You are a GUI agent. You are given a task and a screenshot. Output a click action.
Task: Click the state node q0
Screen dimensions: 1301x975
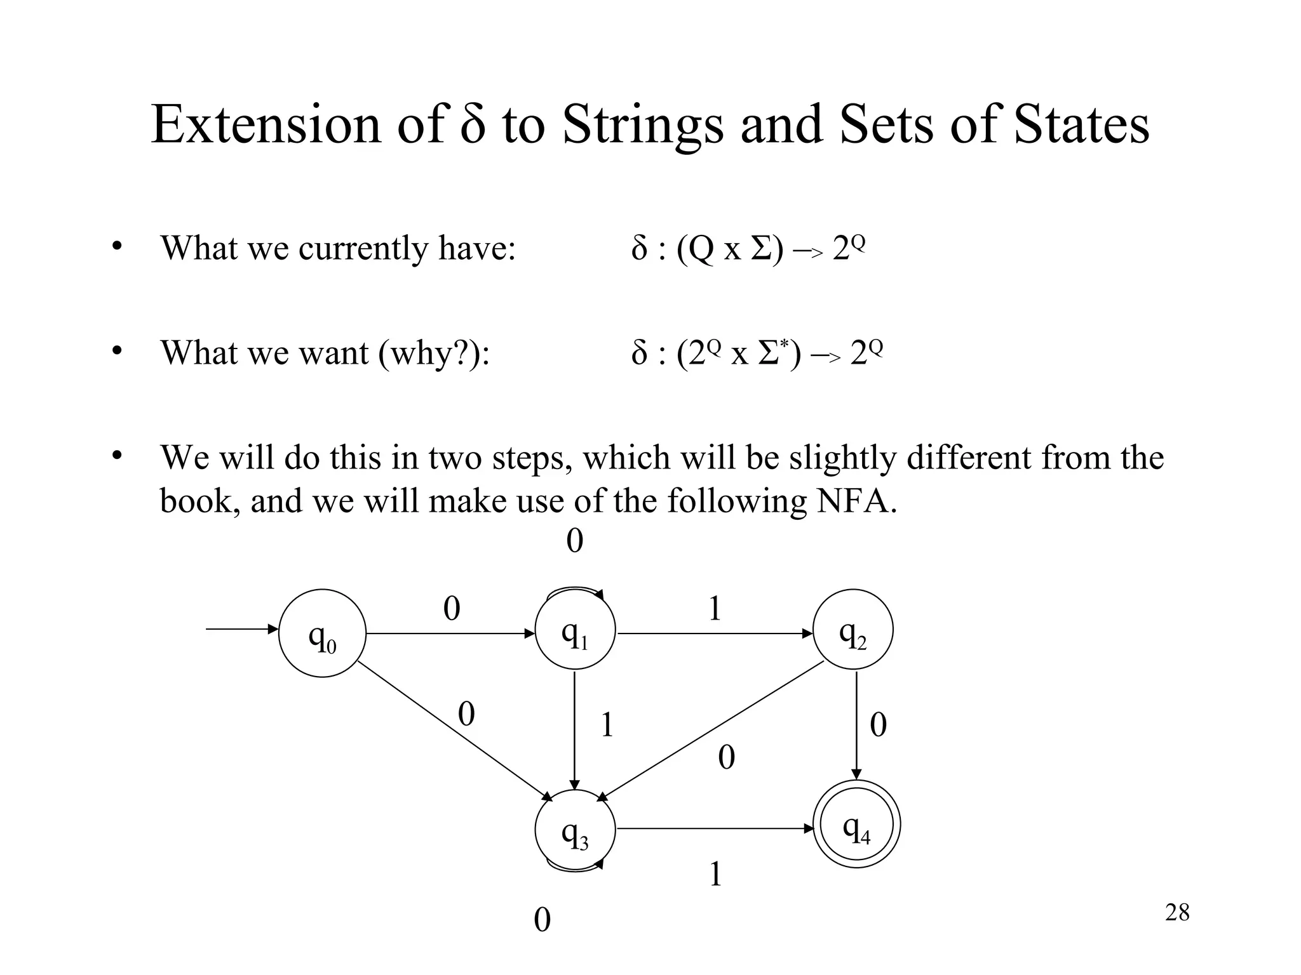[x=322, y=633]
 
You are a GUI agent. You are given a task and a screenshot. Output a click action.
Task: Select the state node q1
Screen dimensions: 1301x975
[x=575, y=630]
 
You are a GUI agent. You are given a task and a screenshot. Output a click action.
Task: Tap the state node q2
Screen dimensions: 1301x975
[x=853, y=630]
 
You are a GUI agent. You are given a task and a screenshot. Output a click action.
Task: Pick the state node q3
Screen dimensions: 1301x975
[x=575, y=830]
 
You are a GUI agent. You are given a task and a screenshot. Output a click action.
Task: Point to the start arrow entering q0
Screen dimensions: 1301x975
[x=241, y=630]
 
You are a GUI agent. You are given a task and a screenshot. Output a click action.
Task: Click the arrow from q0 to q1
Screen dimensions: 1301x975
[x=450, y=633]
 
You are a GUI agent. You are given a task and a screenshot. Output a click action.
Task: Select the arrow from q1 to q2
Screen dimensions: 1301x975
[x=715, y=633]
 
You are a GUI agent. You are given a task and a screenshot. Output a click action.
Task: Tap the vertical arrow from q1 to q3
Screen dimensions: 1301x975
[x=575, y=730]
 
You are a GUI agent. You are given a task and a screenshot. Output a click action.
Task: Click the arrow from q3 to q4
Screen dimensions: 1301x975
[x=715, y=828]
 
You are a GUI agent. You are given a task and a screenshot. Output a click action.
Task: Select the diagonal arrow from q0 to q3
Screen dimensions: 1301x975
[x=454, y=730]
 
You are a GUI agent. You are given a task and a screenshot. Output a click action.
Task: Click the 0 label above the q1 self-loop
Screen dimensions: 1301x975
[x=574, y=541]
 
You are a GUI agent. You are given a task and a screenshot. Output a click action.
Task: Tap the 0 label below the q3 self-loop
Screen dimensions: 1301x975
[x=542, y=920]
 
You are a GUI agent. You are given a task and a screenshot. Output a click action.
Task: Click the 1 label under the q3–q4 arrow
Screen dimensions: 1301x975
[x=715, y=875]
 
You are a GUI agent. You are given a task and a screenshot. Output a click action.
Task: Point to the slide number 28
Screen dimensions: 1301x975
[x=1177, y=913]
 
